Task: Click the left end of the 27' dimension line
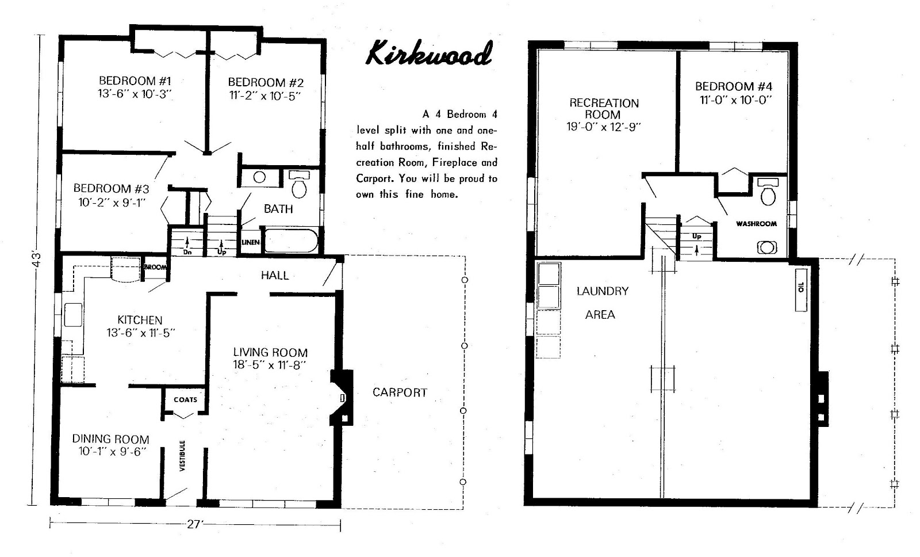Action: click(50, 524)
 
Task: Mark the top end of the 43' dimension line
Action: click(40, 35)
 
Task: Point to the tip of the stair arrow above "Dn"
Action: click(187, 238)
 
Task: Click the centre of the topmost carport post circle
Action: click(465, 280)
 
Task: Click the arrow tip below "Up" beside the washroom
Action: click(696, 246)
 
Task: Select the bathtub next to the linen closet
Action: click(291, 241)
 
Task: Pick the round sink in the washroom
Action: click(767, 247)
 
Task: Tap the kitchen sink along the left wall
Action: click(73, 315)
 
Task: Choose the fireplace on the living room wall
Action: click(342, 398)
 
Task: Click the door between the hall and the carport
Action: click(332, 273)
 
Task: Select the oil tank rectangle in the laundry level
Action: click(801, 289)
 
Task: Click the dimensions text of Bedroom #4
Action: click(735, 100)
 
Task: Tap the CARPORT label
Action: click(400, 392)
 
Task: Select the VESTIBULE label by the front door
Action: click(183, 456)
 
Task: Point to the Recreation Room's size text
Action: click(603, 127)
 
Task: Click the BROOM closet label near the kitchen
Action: click(155, 267)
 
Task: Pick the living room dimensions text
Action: click(270, 365)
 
